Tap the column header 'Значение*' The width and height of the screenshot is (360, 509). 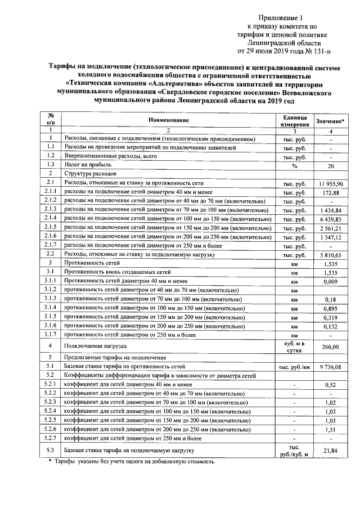coord(331,121)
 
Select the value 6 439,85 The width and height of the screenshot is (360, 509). coord(331,218)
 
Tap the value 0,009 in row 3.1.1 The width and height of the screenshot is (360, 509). coord(331,282)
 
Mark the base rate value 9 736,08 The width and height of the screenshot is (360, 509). coord(331,366)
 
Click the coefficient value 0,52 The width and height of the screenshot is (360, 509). coord(331,385)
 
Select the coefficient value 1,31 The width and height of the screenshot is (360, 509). coord(331,429)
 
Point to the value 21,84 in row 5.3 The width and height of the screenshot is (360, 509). coord(331,451)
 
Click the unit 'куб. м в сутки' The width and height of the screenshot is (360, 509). coord(294,347)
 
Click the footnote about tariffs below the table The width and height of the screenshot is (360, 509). coord(132,462)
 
